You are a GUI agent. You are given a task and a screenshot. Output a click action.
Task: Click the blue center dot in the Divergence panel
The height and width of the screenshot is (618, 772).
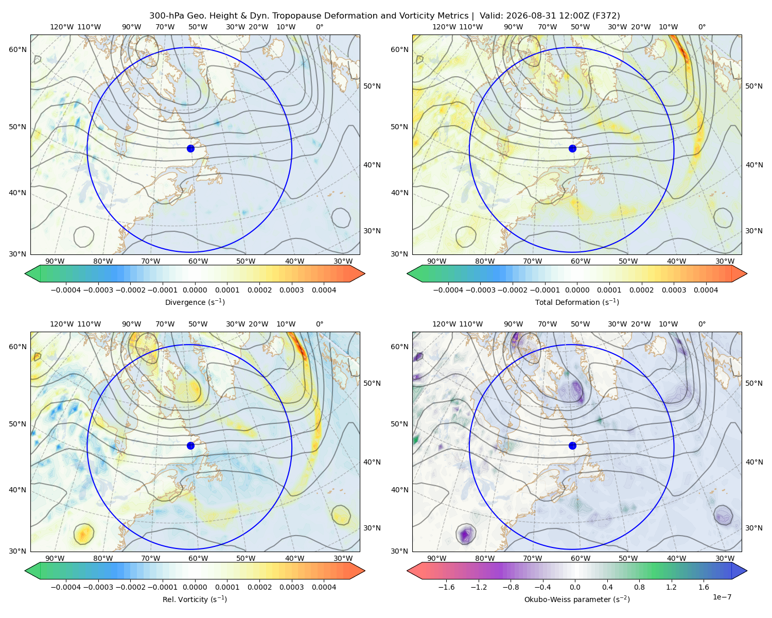click(190, 148)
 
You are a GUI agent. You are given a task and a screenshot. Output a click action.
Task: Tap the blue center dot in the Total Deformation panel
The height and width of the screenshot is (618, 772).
click(572, 148)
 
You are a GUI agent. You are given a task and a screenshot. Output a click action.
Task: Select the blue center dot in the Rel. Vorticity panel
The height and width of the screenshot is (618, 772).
click(190, 445)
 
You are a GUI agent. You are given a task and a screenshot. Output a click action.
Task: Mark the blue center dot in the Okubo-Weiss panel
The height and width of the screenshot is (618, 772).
click(572, 445)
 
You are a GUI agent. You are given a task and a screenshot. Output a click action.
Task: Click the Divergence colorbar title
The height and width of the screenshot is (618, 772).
click(195, 302)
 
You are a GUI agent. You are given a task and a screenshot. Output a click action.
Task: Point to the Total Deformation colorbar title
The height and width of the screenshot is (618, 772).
click(577, 302)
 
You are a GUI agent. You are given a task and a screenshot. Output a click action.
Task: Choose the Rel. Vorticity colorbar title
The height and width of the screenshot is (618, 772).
click(195, 599)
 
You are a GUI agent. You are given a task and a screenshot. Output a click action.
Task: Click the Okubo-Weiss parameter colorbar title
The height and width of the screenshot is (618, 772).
click(577, 599)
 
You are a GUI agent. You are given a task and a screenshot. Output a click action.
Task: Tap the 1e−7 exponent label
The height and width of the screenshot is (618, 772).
click(722, 597)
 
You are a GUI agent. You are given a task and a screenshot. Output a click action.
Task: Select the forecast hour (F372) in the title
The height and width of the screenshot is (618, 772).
click(606, 16)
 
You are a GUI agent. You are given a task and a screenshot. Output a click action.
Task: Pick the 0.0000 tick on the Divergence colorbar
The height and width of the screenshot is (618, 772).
click(195, 290)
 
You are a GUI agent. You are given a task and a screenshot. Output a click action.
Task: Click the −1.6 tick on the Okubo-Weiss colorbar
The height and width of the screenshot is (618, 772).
click(446, 587)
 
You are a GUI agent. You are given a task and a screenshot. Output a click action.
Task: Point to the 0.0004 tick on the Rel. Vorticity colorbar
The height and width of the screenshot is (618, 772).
click(324, 587)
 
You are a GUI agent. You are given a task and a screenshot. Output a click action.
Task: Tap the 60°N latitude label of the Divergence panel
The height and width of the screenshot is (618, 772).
click(17, 49)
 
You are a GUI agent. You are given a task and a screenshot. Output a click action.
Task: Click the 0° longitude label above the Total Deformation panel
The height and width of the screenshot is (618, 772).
click(701, 27)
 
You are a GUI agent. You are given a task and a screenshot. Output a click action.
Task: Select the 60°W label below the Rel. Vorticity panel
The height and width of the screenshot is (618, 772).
click(198, 558)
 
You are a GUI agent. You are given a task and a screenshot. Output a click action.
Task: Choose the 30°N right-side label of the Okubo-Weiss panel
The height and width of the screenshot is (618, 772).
click(754, 528)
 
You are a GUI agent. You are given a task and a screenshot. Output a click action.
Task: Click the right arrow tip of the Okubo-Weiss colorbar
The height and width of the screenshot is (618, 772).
click(747, 571)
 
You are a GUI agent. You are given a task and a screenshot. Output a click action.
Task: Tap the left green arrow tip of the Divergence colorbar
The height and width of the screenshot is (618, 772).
click(25, 273)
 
